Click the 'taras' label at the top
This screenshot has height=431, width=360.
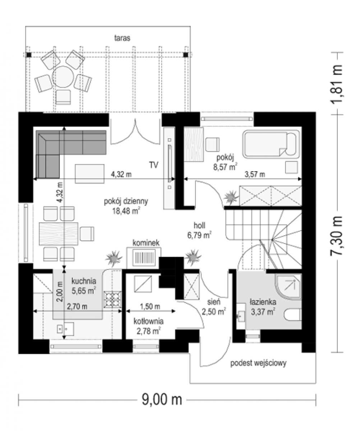[122, 38]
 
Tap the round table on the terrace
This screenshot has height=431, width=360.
[63, 77]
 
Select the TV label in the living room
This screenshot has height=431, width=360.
[154, 165]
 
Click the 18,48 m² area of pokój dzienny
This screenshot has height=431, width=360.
[126, 211]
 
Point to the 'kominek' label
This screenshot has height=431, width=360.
[146, 243]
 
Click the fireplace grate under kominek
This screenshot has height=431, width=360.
[144, 257]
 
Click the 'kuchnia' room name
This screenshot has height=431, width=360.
[84, 281]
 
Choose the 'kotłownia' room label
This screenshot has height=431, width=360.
[148, 321]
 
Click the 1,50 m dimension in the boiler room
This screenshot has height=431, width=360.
[150, 306]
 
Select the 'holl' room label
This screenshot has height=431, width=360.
[199, 226]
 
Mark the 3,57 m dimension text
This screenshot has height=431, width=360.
[255, 175]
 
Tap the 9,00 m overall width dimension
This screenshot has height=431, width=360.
[162, 400]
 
